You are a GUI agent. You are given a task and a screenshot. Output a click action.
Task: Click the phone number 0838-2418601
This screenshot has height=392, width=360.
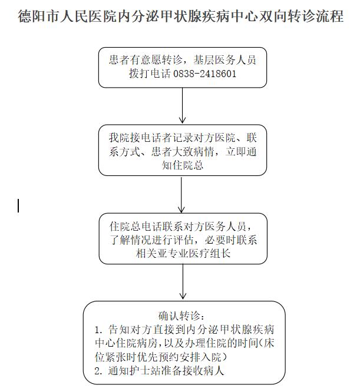click(x=204, y=74)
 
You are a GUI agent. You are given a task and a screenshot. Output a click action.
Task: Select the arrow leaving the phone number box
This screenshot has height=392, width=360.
click(x=183, y=105)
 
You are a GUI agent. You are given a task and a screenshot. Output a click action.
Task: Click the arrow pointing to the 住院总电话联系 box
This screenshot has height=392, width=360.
click(x=181, y=194)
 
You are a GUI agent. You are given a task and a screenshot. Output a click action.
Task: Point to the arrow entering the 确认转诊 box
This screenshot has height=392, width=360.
click(x=183, y=281)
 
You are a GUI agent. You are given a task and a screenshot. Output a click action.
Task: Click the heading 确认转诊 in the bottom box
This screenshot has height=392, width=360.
click(x=179, y=316)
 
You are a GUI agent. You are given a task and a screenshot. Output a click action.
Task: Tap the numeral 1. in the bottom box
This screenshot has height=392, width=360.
click(x=98, y=330)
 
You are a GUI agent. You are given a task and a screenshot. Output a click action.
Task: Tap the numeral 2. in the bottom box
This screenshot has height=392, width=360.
click(x=98, y=371)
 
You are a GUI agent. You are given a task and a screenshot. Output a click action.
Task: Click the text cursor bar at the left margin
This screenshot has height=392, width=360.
click(x=18, y=205)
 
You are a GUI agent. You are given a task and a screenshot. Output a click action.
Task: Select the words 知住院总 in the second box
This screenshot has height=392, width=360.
click(x=183, y=165)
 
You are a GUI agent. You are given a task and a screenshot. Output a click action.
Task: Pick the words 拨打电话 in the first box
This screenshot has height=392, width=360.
click(x=150, y=74)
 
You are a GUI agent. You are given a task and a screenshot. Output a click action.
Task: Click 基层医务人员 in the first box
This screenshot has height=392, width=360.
click(x=224, y=60)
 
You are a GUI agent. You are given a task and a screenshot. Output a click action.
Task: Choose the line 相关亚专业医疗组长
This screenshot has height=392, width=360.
click(x=183, y=253)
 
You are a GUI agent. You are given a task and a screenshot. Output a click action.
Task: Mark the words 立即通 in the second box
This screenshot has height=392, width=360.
click(x=240, y=151)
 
